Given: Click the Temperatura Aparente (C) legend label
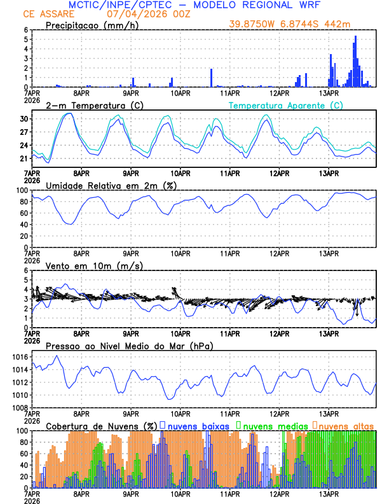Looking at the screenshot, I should click(x=287, y=105).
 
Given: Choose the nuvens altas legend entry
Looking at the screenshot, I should click(x=346, y=425).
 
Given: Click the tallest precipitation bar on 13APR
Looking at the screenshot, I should click(x=355, y=60).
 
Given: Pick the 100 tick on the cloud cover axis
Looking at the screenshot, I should click(x=19, y=431).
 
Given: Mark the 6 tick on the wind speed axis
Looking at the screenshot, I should click(x=27, y=270).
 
